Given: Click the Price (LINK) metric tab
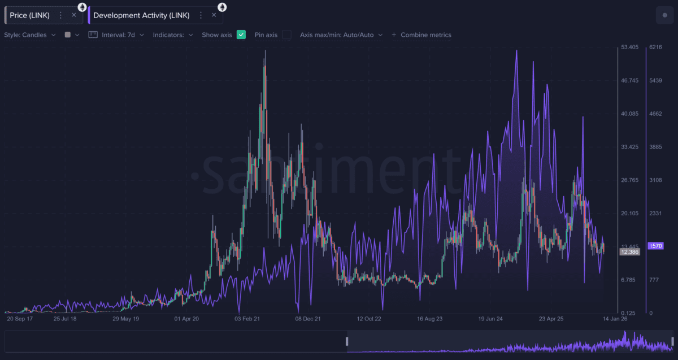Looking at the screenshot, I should pyautogui.click(x=29, y=15).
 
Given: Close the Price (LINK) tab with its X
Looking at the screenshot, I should pyautogui.click(x=74, y=15).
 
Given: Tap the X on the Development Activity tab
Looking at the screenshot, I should pyautogui.click(x=214, y=15).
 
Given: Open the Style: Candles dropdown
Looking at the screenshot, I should pyautogui.click(x=30, y=35).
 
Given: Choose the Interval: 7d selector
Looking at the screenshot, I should pyautogui.click(x=117, y=35).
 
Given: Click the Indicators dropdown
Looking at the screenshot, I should pyautogui.click(x=173, y=35).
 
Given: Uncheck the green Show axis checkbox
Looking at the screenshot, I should pyautogui.click(x=241, y=35).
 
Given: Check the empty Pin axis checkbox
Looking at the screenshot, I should pyautogui.click(x=287, y=35).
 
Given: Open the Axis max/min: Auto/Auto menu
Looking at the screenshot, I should pyautogui.click(x=341, y=35).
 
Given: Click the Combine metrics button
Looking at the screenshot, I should pyautogui.click(x=421, y=35).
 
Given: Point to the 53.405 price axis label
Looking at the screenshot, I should pyautogui.click(x=629, y=47).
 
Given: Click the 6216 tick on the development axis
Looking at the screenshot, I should pyautogui.click(x=655, y=47).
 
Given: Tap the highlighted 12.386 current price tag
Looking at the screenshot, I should pyautogui.click(x=629, y=251).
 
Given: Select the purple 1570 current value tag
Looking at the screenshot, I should pyautogui.click(x=656, y=246).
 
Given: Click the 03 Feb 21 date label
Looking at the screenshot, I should pyautogui.click(x=247, y=319).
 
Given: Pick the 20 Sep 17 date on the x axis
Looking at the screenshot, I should pyautogui.click(x=19, y=319).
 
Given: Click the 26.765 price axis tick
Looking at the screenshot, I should pyautogui.click(x=629, y=180).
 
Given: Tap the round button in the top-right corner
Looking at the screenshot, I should pyautogui.click(x=664, y=15).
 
